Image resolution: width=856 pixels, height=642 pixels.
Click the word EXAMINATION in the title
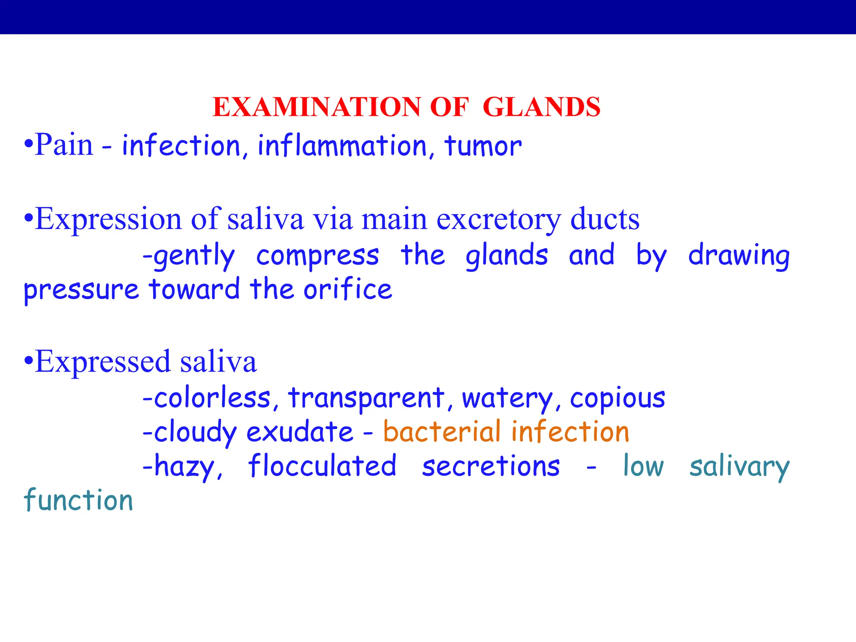click(316, 107)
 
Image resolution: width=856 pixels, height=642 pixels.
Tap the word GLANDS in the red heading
click(541, 107)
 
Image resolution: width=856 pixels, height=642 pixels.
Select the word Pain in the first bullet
click(64, 145)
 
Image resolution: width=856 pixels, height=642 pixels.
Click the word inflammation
click(342, 146)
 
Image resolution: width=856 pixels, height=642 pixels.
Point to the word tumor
click(483, 147)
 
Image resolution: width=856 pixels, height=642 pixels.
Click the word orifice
click(348, 289)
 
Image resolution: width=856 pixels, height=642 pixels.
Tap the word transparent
click(366, 398)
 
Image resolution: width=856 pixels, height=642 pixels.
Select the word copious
click(617, 399)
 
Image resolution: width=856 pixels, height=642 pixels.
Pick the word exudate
click(300, 432)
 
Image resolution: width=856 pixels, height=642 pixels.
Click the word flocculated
click(322, 466)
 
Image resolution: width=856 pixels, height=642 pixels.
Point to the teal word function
click(79, 500)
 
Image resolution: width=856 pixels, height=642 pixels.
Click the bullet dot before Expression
click(28, 218)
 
